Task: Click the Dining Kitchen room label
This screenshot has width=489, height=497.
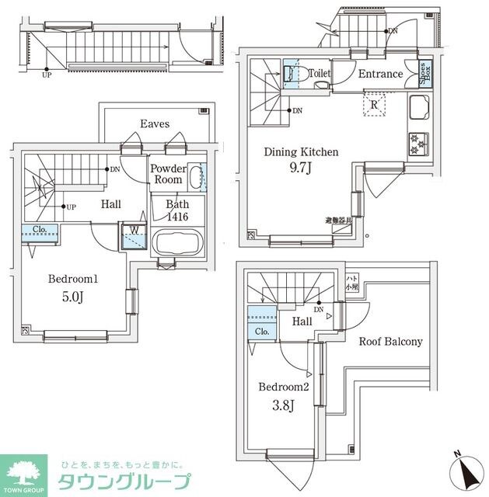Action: [301, 152]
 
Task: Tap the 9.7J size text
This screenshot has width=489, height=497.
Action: [301, 169]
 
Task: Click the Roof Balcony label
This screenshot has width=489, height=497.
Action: [390, 342]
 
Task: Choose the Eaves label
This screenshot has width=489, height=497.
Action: [155, 123]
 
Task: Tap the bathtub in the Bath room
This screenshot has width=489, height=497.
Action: [177, 242]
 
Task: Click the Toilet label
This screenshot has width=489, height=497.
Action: [320, 74]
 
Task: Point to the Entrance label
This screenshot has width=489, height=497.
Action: [380, 75]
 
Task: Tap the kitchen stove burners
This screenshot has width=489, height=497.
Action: [418, 143]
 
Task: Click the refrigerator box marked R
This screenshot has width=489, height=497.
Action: [374, 105]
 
